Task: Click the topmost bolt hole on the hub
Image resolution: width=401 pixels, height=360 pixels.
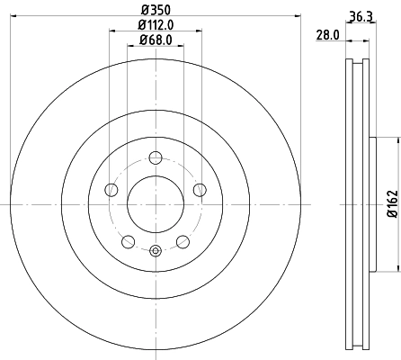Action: (155, 156)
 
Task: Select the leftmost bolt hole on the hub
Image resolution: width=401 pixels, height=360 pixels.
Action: (111, 189)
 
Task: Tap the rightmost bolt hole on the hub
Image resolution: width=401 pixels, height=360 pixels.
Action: (199, 189)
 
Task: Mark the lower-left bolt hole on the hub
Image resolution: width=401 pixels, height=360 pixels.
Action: (128, 240)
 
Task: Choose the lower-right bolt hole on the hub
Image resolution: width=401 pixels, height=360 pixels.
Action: (183, 240)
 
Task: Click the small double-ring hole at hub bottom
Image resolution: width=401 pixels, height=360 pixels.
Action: (155, 251)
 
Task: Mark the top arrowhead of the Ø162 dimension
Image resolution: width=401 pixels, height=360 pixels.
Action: (394, 139)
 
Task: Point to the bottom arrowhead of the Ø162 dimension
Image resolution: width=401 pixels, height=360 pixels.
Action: (394, 267)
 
